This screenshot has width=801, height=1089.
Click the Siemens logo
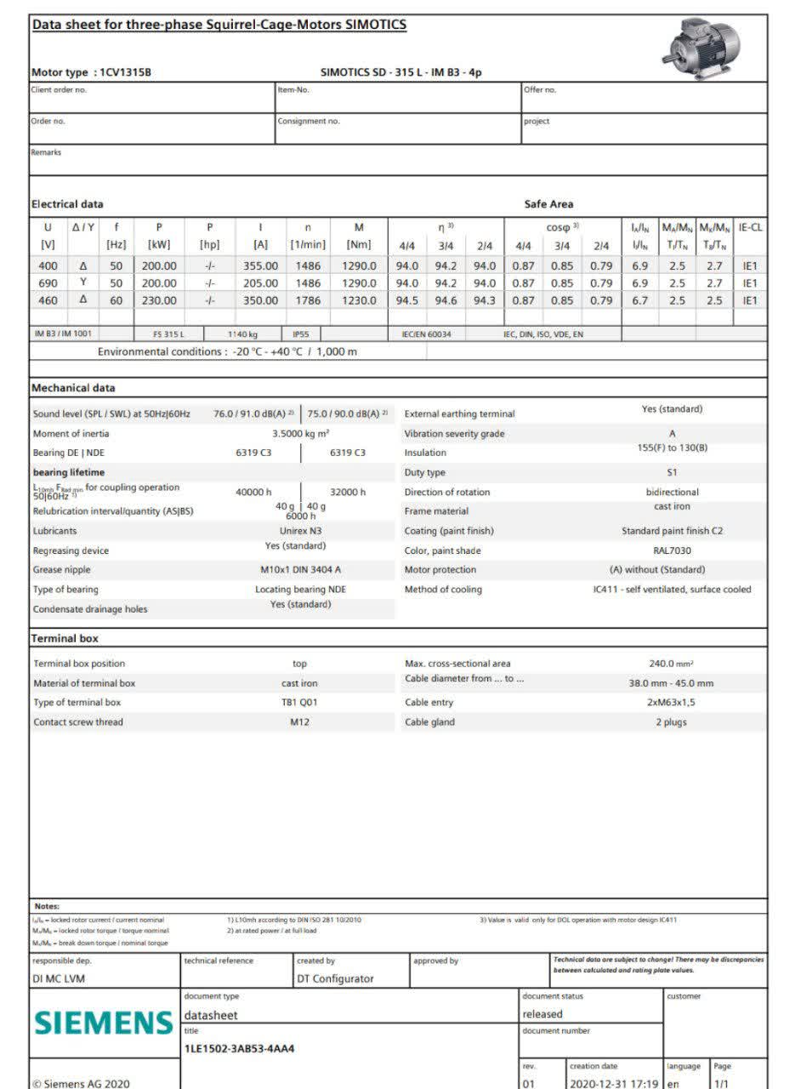pyautogui.click(x=103, y=1021)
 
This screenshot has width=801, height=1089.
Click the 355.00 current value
pyautogui.click(x=260, y=265)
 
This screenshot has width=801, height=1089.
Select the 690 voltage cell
pyautogui.click(x=48, y=282)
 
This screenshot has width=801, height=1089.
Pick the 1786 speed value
pyautogui.click(x=308, y=300)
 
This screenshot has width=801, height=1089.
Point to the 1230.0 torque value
pyautogui.click(x=359, y=300)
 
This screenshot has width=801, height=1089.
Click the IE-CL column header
pyautogui.click(x=750, y=227)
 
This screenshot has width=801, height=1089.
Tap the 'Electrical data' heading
pyautogui.click(x=67, y=204)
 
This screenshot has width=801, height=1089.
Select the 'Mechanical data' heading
pyautogui.click(x=73, y=388)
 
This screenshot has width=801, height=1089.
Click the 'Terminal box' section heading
pyautogui.click(x=65, y=638)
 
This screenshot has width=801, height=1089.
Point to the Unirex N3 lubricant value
pyautogui.click(x=299, y=531)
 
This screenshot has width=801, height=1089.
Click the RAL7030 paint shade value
pyautogui.click(x=672, y=550)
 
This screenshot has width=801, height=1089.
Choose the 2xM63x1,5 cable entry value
pyautogui.click(x=671, y=703)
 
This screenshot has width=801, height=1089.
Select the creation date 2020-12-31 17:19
pyautogui.click(x=614, y=1083)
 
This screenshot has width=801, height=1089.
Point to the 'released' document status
pyautogui.click(x=543, y=1014)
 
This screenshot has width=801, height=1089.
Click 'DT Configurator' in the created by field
pyautogui.click(x=335, y=978)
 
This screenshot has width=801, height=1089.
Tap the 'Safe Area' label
pyautogui.click(x=548, y=204)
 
